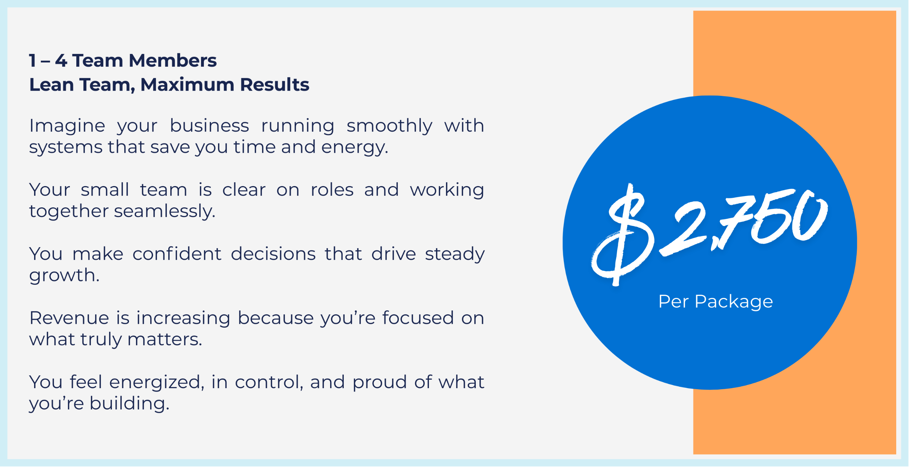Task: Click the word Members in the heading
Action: [173, 60]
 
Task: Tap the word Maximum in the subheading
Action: [187, 85]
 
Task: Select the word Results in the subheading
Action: [274, 85]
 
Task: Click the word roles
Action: [332, 190]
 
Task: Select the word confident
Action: [177, 254]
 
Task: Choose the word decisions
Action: [273, 254]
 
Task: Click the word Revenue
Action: [69, 318]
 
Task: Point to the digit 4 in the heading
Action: [61, 60]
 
